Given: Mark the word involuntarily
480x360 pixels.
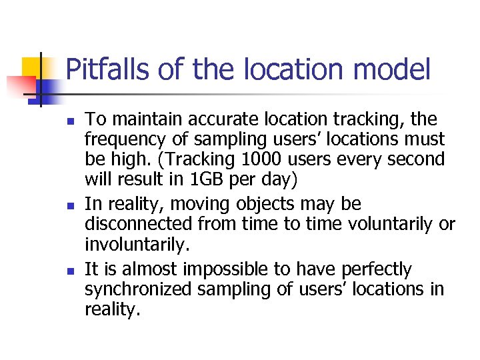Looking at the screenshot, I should coord(137,245).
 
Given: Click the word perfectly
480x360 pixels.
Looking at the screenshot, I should coord(377,269).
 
